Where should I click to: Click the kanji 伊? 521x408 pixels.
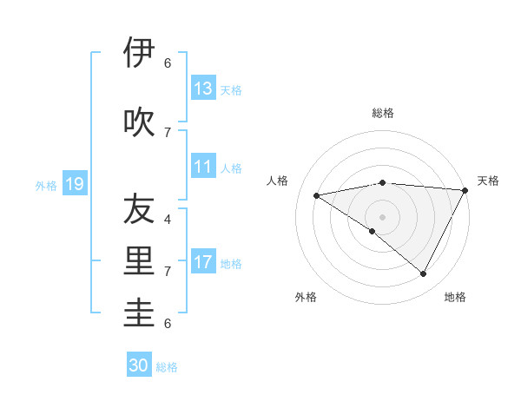pos(140,54)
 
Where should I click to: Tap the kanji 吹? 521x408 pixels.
pos(140,122)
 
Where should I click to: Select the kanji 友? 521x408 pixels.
pos(140,209)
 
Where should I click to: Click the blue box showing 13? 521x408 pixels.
pos(203,88)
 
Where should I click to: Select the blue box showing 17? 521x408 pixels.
pos(203,261)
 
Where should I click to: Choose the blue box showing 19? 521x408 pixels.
pos(75,184)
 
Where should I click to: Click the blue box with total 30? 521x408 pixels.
pos(139,365)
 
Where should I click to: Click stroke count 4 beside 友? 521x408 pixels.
pos(167,219)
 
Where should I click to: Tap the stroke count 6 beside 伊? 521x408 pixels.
pos(167,63)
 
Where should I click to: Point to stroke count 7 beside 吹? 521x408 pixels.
pos(167,132)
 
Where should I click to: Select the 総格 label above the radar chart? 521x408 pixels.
pos(382,113)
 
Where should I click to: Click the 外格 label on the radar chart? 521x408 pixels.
pos(306,297)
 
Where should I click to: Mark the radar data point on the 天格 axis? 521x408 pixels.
pos(465,190)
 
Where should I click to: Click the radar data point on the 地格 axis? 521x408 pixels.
pos(424,273)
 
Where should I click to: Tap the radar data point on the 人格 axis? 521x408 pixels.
pos(317,195)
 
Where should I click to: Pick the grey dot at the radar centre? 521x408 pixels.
pos(382,216)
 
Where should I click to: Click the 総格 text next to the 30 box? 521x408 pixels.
pos(167,367)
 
